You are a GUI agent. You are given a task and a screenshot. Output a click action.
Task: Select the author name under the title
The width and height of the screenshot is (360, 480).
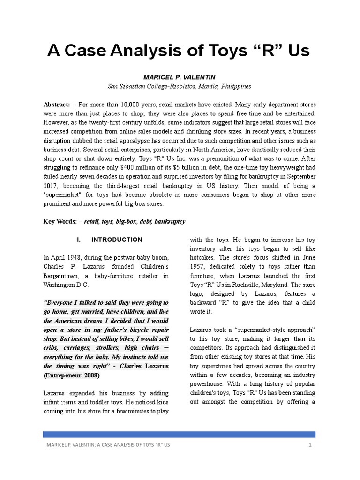click(180, 76)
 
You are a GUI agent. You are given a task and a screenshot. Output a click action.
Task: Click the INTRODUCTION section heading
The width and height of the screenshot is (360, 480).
click(117, 240)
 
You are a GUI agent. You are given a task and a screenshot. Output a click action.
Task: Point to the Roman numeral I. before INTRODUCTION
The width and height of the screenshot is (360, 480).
click(79, 240)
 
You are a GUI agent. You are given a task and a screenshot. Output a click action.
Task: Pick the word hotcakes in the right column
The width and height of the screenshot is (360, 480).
click(203, 257)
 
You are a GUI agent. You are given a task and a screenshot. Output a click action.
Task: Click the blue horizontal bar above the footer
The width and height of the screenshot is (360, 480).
click(180, 434)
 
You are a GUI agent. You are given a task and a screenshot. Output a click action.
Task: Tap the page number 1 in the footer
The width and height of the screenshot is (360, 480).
click(310, 444)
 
